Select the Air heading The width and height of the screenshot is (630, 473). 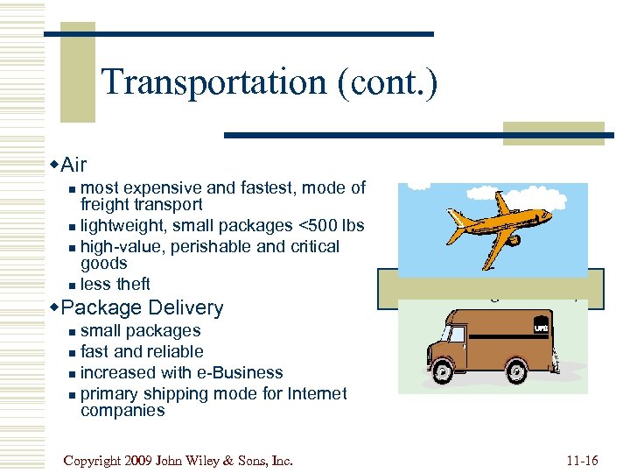tap(73, 163)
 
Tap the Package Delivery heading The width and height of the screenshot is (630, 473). tap(143, 307)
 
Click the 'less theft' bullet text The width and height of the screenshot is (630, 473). tap(115, 284)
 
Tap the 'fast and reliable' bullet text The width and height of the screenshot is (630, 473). tap(142, 351)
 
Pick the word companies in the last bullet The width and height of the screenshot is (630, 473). tap(122, 410)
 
